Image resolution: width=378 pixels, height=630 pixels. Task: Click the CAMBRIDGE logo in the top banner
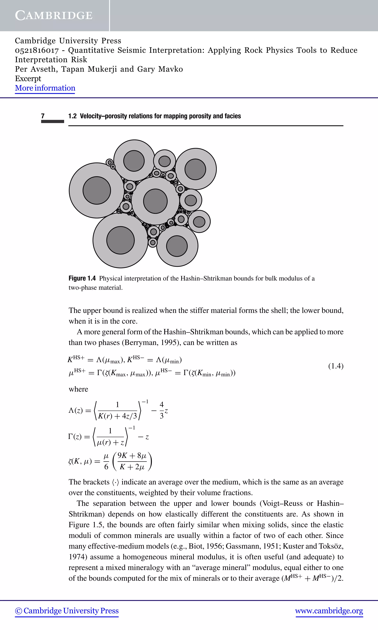pyautogui.click(x=54, y=16)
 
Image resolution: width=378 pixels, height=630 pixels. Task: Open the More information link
pyautogui.click(x=45, y=88)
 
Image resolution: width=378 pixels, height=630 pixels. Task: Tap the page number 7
pyautogui.click(x=43, y=116)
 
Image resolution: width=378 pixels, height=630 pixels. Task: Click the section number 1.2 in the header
pyautogui.click(x=72, y=116)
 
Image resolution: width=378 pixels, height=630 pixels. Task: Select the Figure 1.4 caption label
pyautogui.click(x=82, y=278)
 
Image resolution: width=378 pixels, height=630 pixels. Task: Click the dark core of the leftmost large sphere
pyautogui.click(x=97, y=190)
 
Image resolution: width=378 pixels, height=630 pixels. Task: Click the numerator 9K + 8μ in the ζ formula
pyautogui.click(x=132, y=456)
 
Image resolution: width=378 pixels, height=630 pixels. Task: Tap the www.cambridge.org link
pyautogui.click(x=329, y=611)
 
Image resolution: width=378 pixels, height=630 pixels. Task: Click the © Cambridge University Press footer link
pyautogui.click(x=67, y=611)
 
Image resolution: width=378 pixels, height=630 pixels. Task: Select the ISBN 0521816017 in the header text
pyautogui.click(x=37, y=50)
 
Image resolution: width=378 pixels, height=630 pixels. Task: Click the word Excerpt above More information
pyautogui.click(x=28, y=78)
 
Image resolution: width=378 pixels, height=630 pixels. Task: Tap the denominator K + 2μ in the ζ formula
pyautogui.click(x=132, y=467)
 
